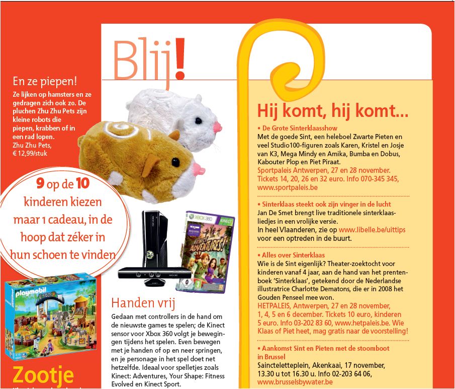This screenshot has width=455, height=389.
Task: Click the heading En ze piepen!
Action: click(x=48, y=82)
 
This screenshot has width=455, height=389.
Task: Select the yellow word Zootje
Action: click(x=43, y=376)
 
